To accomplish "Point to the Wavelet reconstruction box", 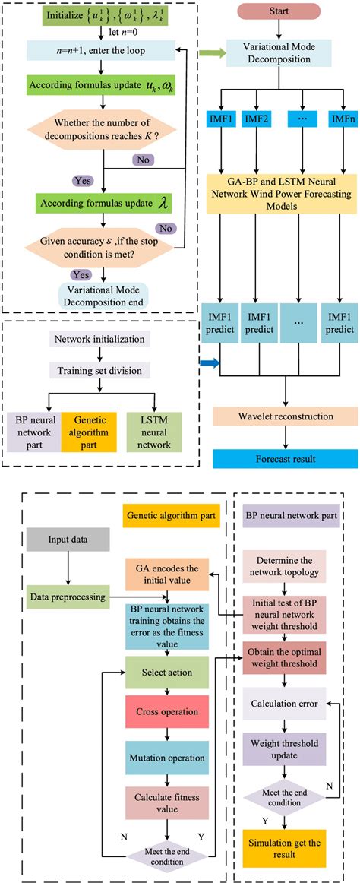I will tap(286, 417).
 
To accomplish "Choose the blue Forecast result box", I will tap(286, 458).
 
